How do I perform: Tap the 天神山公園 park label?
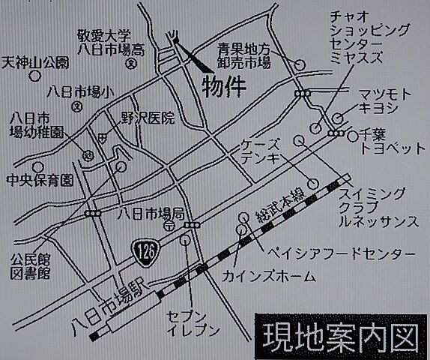[x=35, y=61]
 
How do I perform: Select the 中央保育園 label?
[x=39, y=181]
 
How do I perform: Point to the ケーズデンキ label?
[x=261, y=151]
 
